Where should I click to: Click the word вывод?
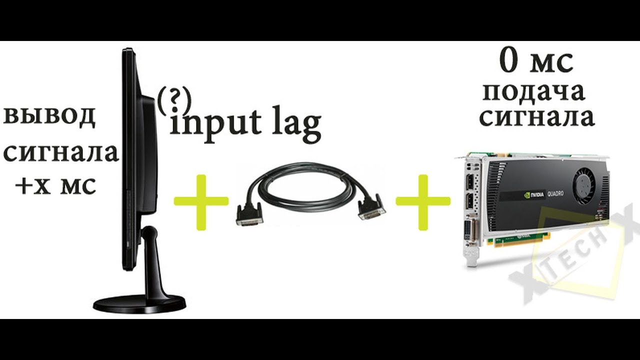(49, 117)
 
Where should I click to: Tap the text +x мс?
(55, 186)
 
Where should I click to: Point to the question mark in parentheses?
(174, 100)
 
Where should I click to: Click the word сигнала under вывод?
(60, 152)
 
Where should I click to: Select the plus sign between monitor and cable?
(201, 202)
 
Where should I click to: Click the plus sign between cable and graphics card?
(423, 202)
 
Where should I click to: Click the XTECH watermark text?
(575, 260)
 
